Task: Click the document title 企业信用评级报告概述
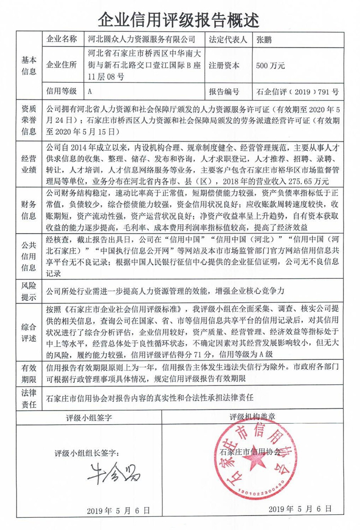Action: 180,18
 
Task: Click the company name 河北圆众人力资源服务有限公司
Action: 142,39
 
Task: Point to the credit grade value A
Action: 90,91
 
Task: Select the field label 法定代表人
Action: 228,39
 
